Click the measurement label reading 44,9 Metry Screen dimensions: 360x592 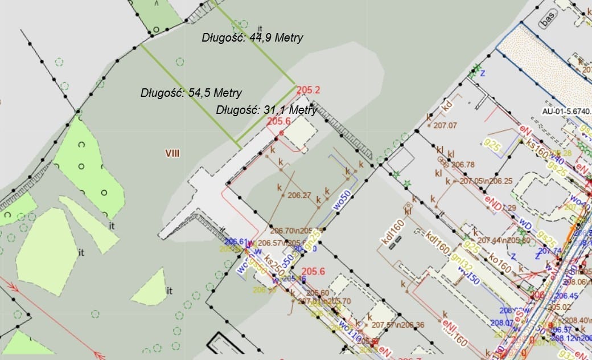[252, 38]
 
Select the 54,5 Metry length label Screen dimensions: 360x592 [191, 93]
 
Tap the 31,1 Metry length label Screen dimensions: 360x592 [266, 110]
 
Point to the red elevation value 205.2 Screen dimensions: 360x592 [309, 89]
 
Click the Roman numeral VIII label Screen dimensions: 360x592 [172, 153]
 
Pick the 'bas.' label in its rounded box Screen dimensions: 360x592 [548, 21]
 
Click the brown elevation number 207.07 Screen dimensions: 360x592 [445, 125]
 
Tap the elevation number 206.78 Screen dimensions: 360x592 [462, 165]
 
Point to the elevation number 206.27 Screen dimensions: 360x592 [299, 195]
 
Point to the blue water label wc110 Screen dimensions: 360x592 [350, 332]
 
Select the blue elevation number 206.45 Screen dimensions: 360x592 [566, 296]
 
